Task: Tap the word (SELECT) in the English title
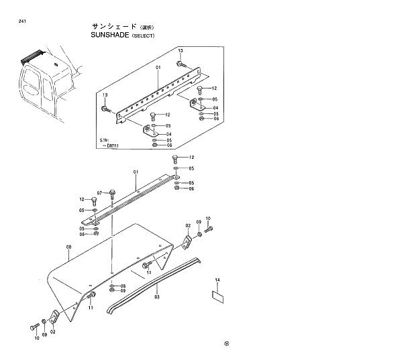(142, 36)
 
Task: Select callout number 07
(99, 192)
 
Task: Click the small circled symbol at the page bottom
(227, 345)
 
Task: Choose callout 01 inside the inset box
(158, 68)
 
